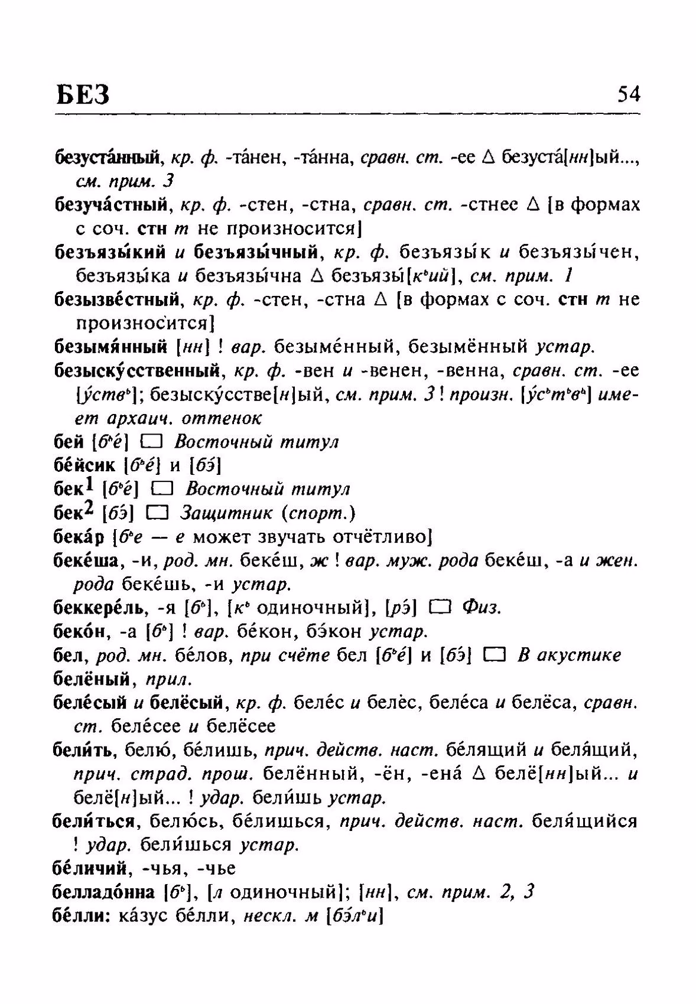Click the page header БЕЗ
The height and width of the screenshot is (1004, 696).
click(x=84, y=94)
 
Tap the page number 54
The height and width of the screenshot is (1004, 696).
click(x=628, y=94)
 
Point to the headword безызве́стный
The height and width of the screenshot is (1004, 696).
click(x=116, y=300)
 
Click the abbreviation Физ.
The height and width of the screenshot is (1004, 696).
click(x=482, y=608)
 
